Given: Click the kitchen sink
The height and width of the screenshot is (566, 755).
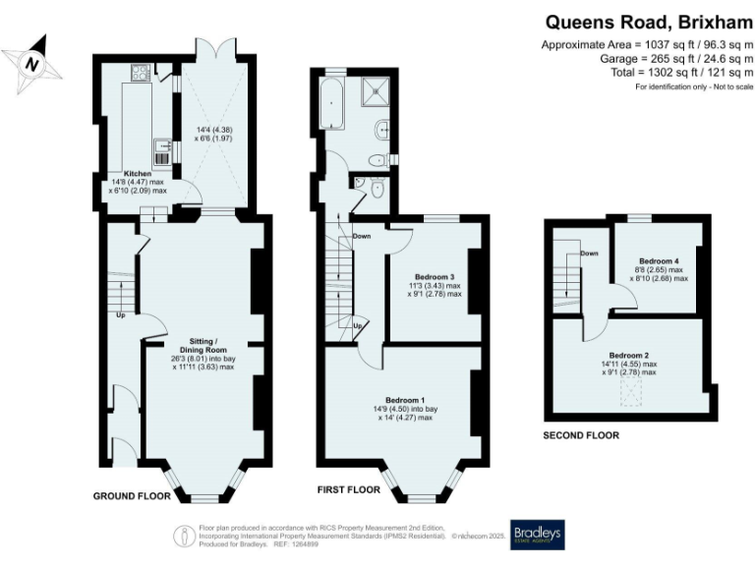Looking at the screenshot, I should pos(163,150).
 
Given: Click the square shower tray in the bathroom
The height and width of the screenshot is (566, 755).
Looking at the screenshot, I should pos(374,91).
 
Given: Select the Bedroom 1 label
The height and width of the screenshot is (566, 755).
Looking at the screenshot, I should pos(405,400).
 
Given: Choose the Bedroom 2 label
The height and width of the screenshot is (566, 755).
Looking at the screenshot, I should pos(629,355).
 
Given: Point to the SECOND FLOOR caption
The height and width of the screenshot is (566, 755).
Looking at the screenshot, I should pos(582,434).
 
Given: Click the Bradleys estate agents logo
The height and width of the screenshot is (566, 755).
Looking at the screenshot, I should pos(537,534).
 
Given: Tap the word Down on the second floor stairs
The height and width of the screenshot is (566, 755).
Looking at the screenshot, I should pos(589,254).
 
